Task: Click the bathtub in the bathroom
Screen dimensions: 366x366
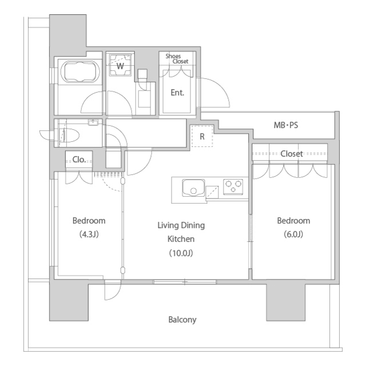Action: (x=80, y=71)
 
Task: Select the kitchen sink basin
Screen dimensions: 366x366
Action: (x=193, y=188)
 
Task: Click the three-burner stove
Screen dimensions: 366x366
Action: (x=233, y=186)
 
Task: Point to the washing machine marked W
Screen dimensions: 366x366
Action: (x=120, y=65)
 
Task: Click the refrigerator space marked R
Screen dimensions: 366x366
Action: (x=202, y=136)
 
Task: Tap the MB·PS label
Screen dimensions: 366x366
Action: (x=286, y=125)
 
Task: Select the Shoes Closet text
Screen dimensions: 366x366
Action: (x=177, y=58)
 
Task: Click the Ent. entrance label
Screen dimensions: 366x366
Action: (x=177, y=93)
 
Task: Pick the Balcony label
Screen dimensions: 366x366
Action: (x=182, y=320)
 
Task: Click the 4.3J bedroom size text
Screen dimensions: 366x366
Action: (x=89, y=234)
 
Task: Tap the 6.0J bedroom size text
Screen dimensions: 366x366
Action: (x=293, y=234)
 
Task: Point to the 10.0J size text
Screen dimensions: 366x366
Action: (x=181, y=253)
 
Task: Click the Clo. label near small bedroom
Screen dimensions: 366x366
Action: (x=79, y=160)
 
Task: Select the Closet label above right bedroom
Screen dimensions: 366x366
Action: (x=292, y=154)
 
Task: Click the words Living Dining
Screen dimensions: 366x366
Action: (x=181, y=225)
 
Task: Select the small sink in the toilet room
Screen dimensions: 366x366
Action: (x=93, y=122)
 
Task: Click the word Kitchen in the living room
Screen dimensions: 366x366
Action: (x=181, y=239)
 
